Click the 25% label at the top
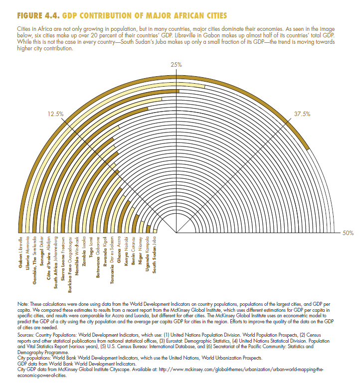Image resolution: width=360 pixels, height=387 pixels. [176, 65]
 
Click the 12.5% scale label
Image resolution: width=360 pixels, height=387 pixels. [55, 114]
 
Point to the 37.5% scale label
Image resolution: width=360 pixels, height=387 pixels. [302, 114]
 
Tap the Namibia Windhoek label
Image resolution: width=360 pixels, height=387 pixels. [77, 255]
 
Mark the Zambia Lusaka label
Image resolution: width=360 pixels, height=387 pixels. [84, 251]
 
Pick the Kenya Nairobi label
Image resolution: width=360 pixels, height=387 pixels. [127, 249]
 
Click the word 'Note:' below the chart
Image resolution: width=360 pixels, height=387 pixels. [23, 303]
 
